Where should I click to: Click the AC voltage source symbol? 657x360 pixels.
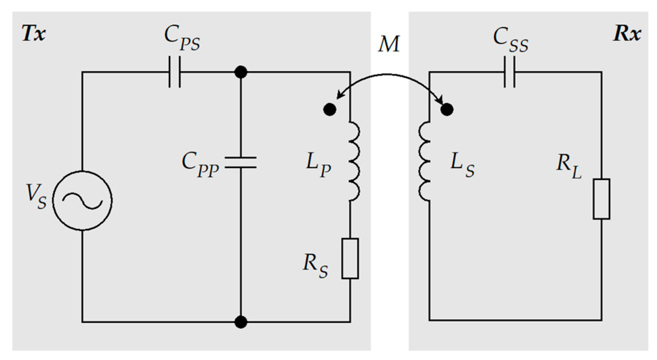[82, 201]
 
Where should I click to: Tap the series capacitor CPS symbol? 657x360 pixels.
[175, 72]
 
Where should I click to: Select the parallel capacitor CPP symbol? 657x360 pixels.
[241, 162]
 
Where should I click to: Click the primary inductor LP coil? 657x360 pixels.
[354, 161]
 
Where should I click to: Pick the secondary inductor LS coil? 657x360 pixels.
[425, 161]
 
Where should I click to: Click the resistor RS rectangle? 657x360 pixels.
[350, 258]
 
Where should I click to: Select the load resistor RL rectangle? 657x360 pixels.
[602, 199]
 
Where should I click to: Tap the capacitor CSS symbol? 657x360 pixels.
[509, 72]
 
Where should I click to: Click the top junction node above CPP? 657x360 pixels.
[241, 72]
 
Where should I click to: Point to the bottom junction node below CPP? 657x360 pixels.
[241, 322]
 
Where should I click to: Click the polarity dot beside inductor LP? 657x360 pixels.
[329, 110]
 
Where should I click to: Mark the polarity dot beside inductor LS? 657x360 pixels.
[447, 109]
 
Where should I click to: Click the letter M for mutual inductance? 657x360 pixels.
[389, 44]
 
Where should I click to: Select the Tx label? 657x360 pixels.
[34, 34]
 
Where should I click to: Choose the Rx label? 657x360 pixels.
[627, 34]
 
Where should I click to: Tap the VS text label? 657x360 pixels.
[36, 196]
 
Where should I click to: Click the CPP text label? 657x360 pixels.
[200, 165]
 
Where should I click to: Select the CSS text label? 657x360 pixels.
[511, 40]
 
